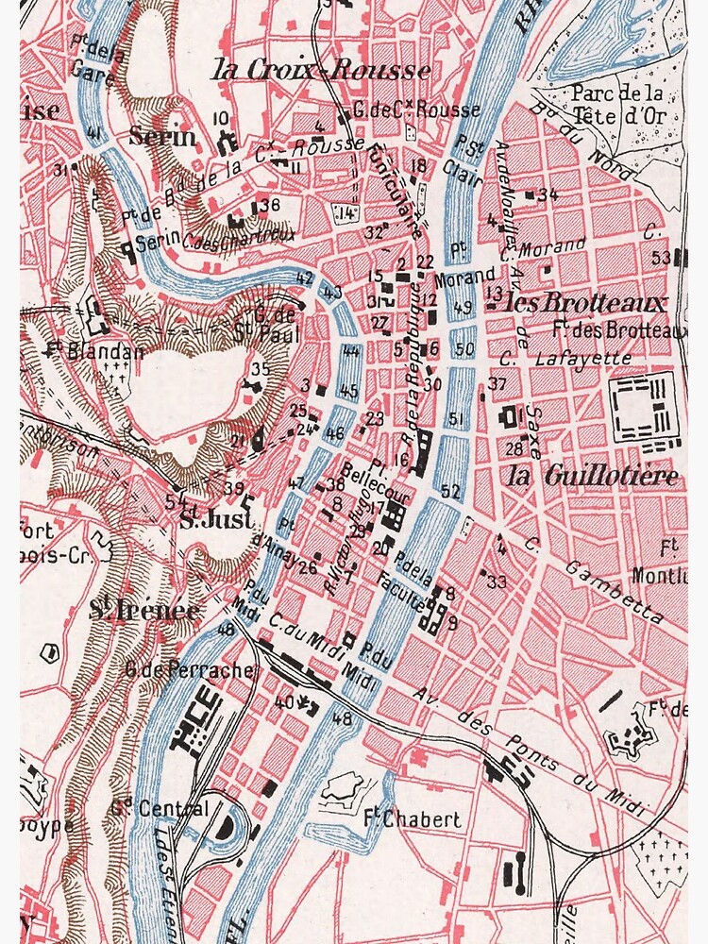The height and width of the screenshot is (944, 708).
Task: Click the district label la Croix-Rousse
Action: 321,70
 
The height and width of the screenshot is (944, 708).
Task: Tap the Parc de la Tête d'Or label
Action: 618,104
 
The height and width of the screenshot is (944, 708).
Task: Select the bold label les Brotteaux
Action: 586,303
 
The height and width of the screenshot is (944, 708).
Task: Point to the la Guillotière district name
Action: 593,477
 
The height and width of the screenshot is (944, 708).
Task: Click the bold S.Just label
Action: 216,519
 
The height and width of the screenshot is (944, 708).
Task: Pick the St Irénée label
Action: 144,611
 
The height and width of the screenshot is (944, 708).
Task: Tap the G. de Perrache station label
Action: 190,669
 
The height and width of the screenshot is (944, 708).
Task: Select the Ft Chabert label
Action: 412,818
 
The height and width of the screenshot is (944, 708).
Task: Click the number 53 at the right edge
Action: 661,257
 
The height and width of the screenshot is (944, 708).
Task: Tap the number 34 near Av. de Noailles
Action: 548,195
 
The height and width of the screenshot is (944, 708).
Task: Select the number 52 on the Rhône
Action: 450,491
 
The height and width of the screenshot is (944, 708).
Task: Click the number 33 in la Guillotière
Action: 497,582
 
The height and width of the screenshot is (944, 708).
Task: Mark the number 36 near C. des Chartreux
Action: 270,205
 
